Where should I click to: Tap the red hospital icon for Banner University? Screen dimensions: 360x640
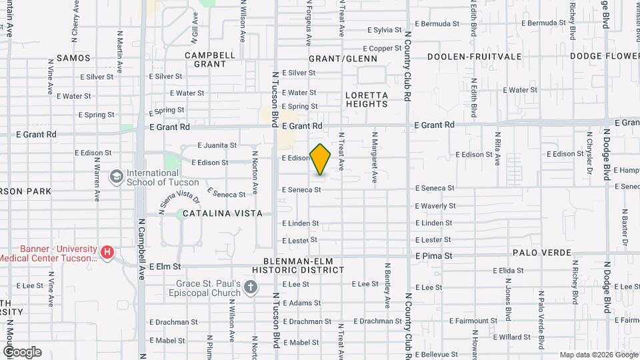click(107, 252)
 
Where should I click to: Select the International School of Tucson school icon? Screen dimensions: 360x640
click(116, 177)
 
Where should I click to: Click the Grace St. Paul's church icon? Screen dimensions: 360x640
click(251, 287)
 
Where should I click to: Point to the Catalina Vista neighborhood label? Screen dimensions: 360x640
click(219, 213)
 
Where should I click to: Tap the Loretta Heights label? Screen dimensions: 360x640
click(367, 99)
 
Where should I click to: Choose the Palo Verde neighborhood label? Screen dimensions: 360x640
click(542, 253)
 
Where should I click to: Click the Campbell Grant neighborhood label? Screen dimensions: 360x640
click(210, 59)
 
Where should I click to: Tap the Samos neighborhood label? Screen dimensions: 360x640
click(73, 58)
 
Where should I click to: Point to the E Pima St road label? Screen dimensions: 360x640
click(433, 255)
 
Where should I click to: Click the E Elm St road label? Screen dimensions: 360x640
click(165, 267)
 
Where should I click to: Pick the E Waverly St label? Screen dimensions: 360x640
click(435, 206)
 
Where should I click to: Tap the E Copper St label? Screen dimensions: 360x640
click(381, 48)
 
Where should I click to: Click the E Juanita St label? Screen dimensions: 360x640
click(217, 145)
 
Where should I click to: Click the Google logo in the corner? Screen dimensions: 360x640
click(22, 352)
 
